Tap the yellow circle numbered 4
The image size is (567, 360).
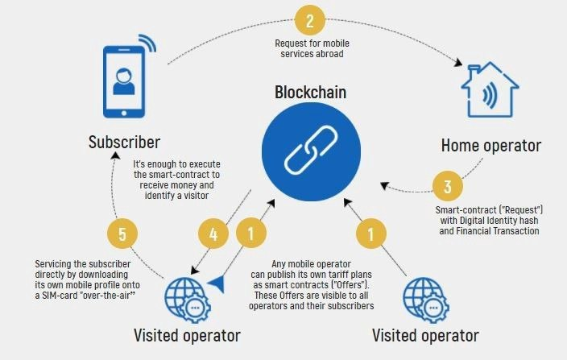[214, 234]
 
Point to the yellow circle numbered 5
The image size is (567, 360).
[122, 234]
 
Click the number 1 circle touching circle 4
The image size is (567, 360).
[252, 234]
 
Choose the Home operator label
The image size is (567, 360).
[491, 146]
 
